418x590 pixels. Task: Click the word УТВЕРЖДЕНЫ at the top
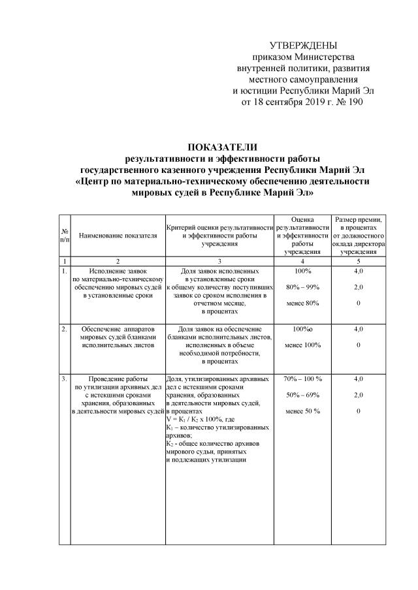(304, 45)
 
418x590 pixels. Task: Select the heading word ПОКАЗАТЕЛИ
(222, 147)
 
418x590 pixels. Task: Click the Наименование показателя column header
(118, 235)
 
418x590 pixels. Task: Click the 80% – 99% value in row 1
(303, 287)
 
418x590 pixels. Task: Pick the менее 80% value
(303, 303)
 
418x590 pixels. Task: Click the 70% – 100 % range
(303, 379)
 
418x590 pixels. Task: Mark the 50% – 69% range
(303, 395)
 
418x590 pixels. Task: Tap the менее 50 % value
(303, 411)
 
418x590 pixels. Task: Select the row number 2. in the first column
(64, 329)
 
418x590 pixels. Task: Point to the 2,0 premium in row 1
(358, 287)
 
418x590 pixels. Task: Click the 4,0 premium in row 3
(358, 379)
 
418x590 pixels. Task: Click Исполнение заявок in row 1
(118, 270)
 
